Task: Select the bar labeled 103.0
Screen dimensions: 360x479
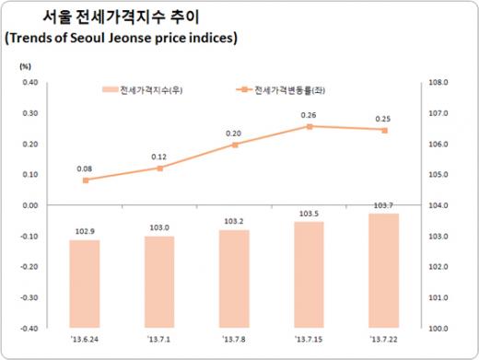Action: point(159,281)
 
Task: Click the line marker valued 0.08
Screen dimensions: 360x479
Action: point(86,180)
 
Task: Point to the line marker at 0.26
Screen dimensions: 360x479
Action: point(310,126)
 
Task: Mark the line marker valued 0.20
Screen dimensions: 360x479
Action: point(235,145)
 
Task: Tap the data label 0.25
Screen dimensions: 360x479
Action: point(383,119)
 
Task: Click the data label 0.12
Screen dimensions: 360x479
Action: point(159,157)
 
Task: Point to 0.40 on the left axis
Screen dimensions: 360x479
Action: point(29,82)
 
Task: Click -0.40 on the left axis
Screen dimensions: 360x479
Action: point(28,328)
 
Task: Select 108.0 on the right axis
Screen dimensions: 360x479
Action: point(438,82)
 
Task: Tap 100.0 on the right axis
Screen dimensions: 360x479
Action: point(438,328)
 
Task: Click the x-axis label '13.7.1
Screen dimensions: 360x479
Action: point(159,342)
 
